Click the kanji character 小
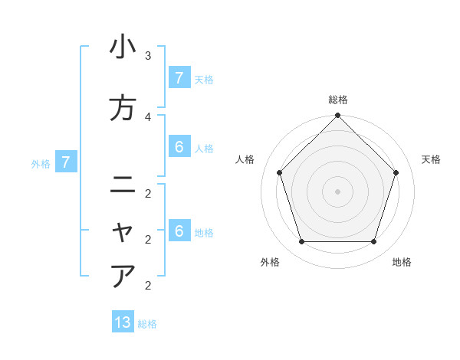(x=123, y=47)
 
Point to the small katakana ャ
(x=123, y=231)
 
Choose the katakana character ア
(x=123, y=276)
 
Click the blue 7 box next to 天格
(x=179, y=78)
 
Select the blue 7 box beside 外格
(x=66, y=162)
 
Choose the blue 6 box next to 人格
(x=179, y=147)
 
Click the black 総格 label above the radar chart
(x=338, y=100)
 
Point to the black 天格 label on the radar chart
(x=431, y=159)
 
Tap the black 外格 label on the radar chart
(x=270, y=262)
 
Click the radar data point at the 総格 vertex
(x=337, y=116)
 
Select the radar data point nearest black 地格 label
(x=374, y=242)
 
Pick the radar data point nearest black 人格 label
(x=279, y=172)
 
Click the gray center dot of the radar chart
(x=337, y=191)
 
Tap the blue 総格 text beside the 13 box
(x=147, y=324)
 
